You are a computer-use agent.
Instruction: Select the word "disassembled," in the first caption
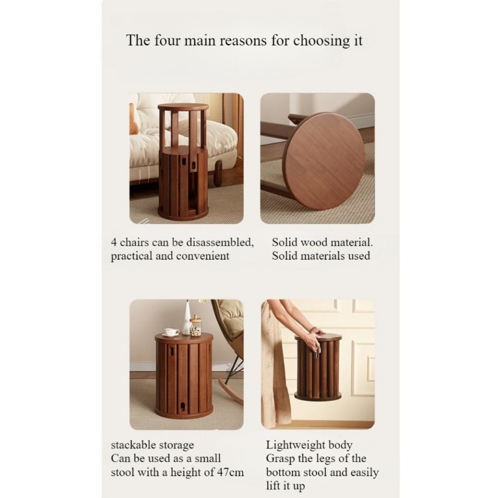tap(220, 243)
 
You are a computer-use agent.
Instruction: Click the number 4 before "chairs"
tap(114, 243)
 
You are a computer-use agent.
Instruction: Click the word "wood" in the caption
tap(313, 243)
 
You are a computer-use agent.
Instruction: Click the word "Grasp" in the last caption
tap(280, 459)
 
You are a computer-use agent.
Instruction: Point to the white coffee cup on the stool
tap(172, 332)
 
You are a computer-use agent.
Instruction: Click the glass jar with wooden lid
tap(195, 326)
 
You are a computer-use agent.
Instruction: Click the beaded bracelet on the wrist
tap(314, 331)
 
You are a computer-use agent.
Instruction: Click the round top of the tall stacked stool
tap(183, 106)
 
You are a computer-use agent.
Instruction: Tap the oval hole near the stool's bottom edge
tap(182, 406)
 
